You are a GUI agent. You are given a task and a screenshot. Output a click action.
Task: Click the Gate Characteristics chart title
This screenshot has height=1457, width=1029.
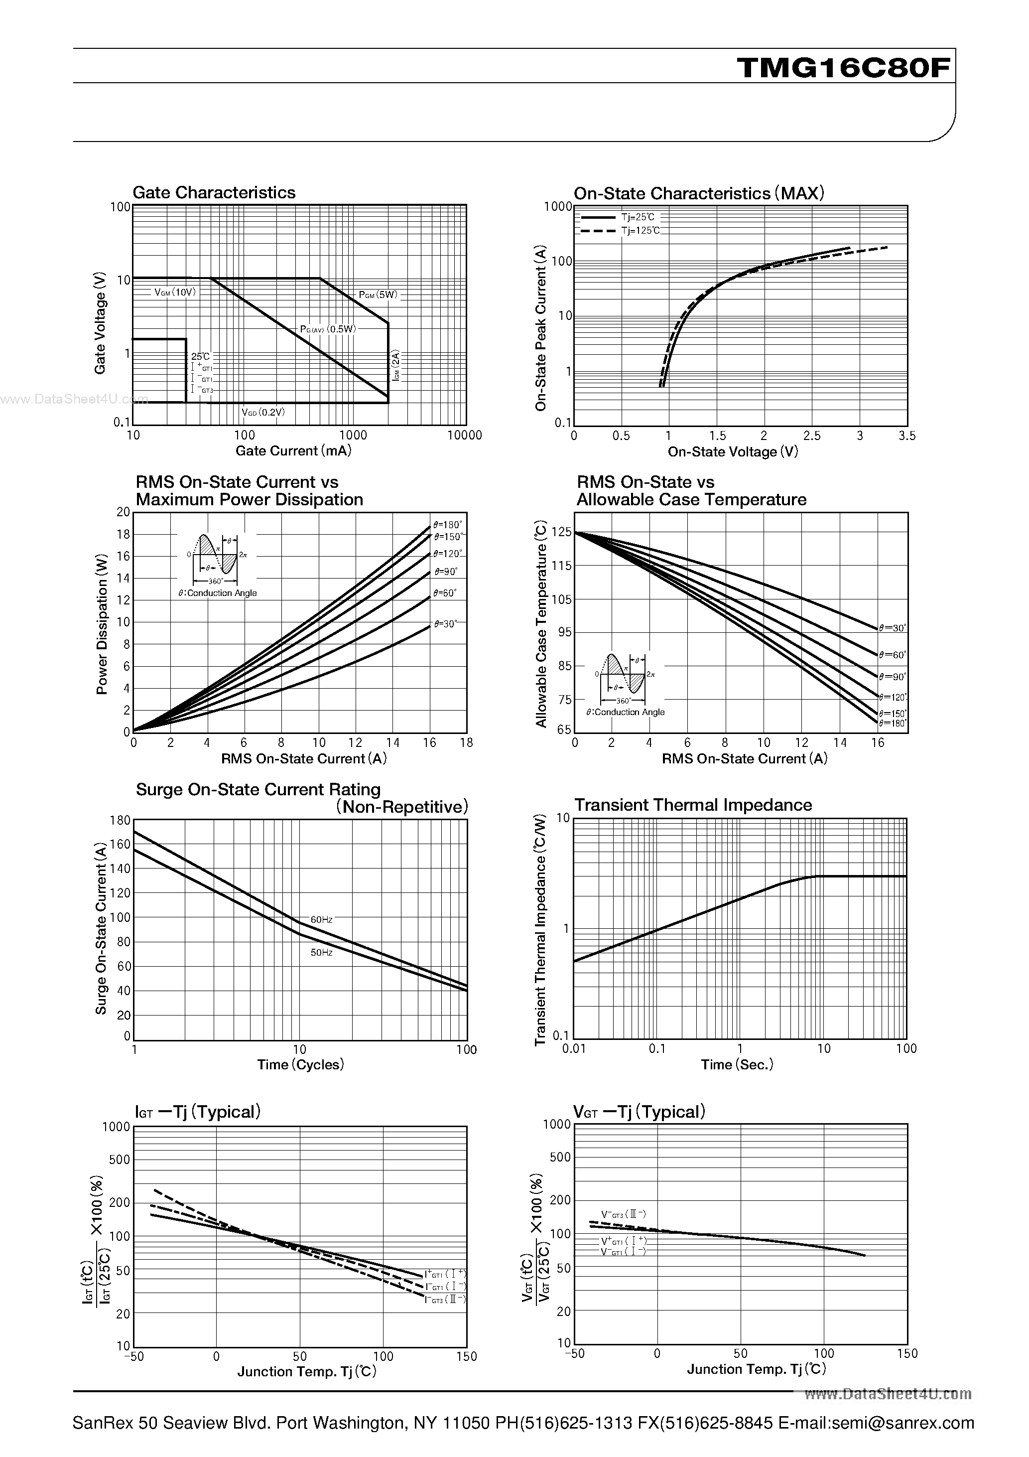pyautogui.click(x=214, y=192)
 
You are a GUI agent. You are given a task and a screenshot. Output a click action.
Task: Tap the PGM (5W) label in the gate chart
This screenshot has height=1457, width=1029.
pyautogui.click(x=378, y=294)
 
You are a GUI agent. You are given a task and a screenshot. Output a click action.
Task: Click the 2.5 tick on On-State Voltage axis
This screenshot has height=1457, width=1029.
pyautogui.click(x=811, y=436)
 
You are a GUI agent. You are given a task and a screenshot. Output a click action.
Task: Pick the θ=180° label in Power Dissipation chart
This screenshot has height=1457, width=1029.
pyautogui.click(x=448, y=525)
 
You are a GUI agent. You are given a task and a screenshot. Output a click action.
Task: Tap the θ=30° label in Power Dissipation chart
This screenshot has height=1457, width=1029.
pyautogui.click(x=445, y=624)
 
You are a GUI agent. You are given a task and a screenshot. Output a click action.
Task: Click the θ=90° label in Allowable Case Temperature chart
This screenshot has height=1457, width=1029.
pyautogui.click(x=893, y=677)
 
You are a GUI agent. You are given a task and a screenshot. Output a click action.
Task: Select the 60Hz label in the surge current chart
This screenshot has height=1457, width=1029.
pyautogui.click(x=322, y=919)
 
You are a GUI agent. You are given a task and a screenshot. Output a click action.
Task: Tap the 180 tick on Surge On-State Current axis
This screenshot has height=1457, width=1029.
pyautogui.click(x=120, y=820)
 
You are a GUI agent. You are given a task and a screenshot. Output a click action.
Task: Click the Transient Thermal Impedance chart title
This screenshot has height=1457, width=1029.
pyautogui.click(x=693, y=805)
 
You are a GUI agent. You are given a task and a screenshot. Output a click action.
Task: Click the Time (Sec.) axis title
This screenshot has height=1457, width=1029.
pyautogui.click(x=737, y=1064)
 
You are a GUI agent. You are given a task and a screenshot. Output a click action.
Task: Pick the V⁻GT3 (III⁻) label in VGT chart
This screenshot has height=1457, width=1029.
pyautogui.click(x=624, y=1214)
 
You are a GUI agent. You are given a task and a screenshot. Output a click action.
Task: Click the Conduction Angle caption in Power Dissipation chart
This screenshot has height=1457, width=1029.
pyautogui.click(x=218, y=592)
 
